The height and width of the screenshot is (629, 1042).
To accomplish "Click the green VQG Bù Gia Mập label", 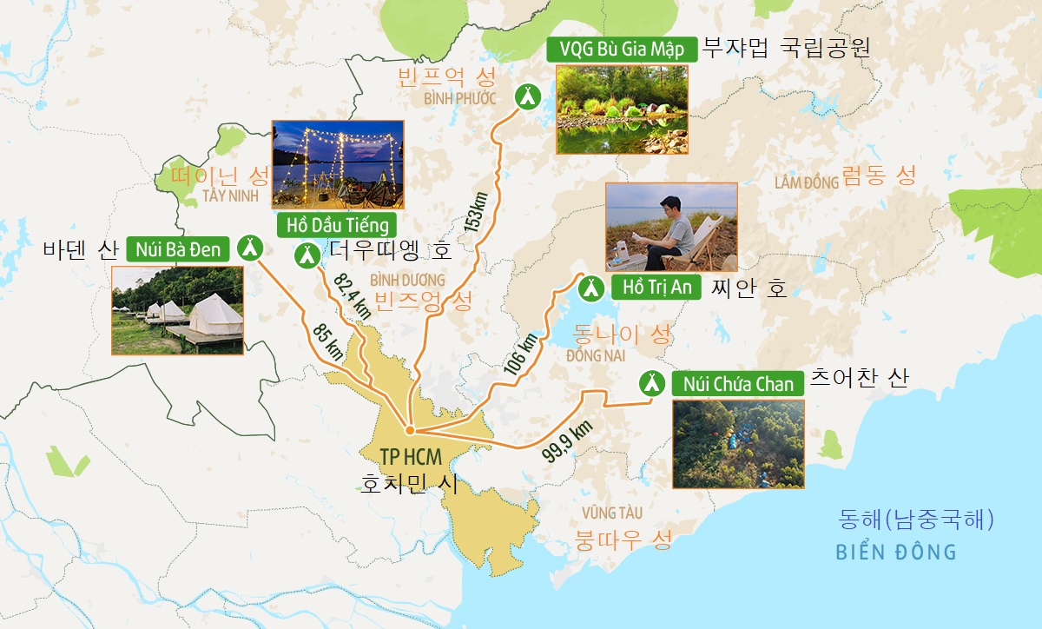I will (x=622, y=50).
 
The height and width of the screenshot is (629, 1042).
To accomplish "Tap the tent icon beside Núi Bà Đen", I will (x=250, y=248).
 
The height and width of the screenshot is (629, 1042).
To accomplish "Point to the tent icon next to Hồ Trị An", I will (x=590, y=286).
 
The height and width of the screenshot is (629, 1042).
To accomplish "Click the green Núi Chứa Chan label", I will (x=737, y=384).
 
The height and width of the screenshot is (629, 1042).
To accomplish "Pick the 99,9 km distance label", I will (x=566, y=439).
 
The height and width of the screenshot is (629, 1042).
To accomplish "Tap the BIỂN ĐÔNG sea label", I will (x=895, y=552).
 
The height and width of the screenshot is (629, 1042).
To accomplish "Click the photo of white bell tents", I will (x=177, y=310).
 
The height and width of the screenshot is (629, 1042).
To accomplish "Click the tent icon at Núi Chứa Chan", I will (x=650, y=382).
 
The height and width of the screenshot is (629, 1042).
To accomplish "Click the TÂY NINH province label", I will (x=231, y=195).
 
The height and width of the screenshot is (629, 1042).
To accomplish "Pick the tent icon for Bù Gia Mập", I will (x=526, y=96).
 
